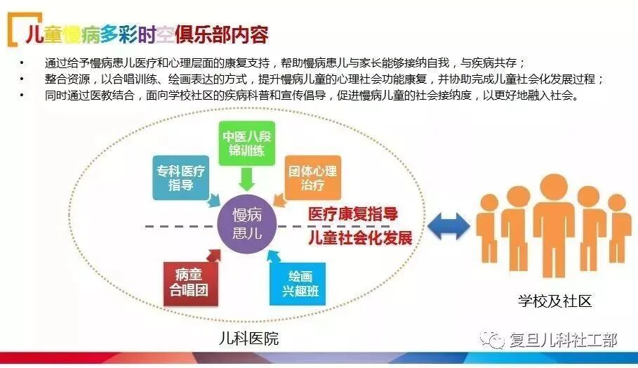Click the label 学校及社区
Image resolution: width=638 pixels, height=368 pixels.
(x=555, y=301)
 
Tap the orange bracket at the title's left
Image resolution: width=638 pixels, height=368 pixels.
(x=13, y=32)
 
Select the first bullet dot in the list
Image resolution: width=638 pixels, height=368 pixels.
(x=22, y=62)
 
